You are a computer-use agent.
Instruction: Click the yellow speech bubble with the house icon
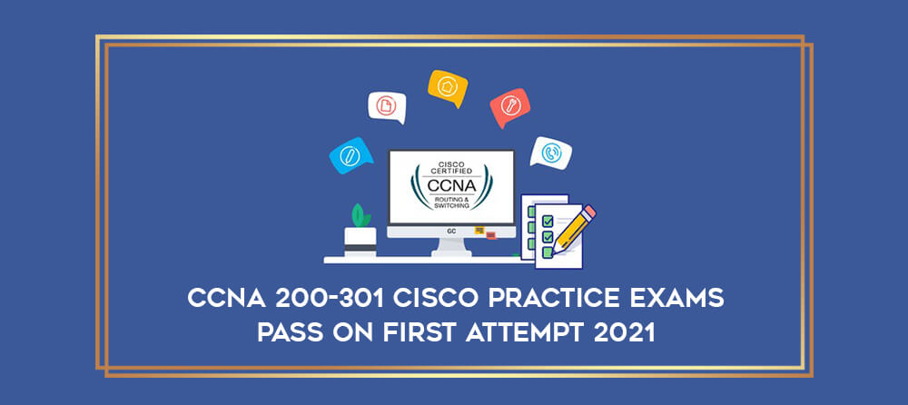[x=448, y=87]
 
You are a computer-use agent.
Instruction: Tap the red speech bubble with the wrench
[x=509, y=107]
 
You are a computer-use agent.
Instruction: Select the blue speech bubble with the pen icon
[x=350, y=155]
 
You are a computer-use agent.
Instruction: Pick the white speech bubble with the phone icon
[x=551, y=153]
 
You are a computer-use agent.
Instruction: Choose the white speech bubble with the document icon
[x=387, y=106]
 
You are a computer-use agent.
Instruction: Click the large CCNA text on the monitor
[x=451, y=186]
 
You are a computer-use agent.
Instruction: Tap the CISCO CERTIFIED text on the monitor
[x=451, y=167]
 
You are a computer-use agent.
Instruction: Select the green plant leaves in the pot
[x=360, y=215]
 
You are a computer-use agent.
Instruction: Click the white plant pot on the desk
[x=360, y=241]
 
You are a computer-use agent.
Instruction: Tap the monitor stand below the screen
[x=451, y=248]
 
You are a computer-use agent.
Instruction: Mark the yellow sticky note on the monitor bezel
[x=479, y=231]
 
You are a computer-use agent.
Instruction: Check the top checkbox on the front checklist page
[x=547, y=221]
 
